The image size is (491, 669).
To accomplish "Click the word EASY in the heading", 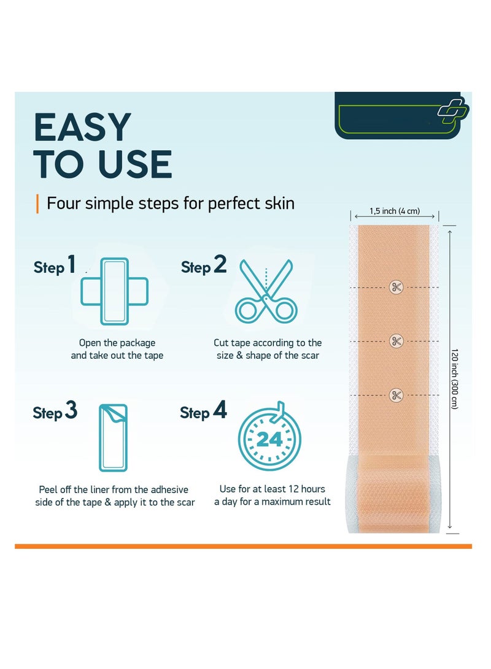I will pyautogui.click(x=82, y=128).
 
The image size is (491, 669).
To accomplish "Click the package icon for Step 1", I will pyautogui.click(x=114, y=291).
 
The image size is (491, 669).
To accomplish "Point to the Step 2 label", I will pyautogui.click(x=203, y=266).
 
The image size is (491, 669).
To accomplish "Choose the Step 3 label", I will pyautogui.click(x=55, y=411).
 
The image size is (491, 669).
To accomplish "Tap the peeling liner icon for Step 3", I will pyautogui.click(x=114, y=437).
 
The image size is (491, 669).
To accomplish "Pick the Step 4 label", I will pyautogui.click(x=203, y=411).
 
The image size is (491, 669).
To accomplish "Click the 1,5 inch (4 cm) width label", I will pyautogui.click(x=394, y=212).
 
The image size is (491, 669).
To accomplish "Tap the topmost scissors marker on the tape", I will pyautogui.click(x=396, y=286).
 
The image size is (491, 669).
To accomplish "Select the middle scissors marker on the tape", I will pyautogui.click(x=396, y=341).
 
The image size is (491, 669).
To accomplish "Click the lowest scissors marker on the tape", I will pyautogui.click(x=396, y=395).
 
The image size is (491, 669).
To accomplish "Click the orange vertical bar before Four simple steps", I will pyautogui.click(x=37, y=203).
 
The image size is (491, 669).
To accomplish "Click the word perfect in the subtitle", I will pyautogui.click(x=233, y=203).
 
